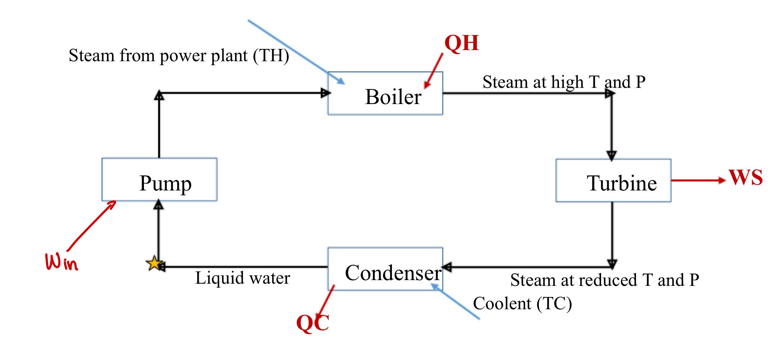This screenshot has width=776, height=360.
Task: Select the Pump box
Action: (x=159, y=179)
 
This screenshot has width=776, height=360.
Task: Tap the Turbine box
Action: (x=613, y=180)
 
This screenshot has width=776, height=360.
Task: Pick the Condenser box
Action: (x=385, y=269)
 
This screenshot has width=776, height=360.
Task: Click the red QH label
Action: (x=461, y=43)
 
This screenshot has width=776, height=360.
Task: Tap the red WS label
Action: (x=746, y=177)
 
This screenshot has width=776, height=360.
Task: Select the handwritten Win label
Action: (x=61, y=262)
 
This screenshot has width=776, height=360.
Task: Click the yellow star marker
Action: (x=154, y=264)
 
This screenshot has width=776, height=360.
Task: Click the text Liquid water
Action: (x=242, y=278)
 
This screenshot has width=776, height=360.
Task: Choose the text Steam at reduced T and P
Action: (x=605, y=280)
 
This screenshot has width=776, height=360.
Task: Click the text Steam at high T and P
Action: (x=564, y=82)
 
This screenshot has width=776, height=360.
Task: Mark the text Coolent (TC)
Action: (x=522, y=303)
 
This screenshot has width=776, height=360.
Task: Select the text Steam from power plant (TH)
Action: (x=179, y=56)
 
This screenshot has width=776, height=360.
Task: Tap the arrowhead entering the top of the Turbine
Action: (x=612, y=156)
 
